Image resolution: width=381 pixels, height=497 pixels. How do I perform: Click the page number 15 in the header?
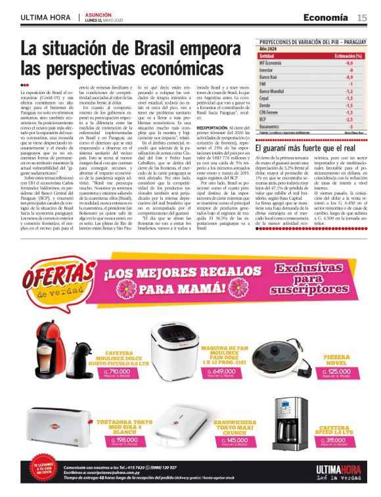(362, 18)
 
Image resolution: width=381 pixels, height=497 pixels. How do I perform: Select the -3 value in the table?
(350, 126)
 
